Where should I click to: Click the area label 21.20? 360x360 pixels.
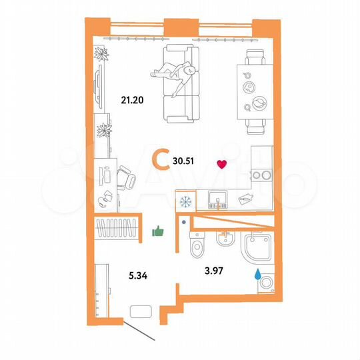pyautogui.click(x=133, y=101)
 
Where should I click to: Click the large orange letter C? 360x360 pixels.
pyautogui.click(x=160, y=160)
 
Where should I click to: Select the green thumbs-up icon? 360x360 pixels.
pyautogui.click(x=158, y=231)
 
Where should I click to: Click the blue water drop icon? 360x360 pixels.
pyautogui.click(x=257, y=272)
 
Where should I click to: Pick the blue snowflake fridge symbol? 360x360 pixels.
pyautogui.click(x=186, y=200)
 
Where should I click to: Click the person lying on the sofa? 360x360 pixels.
pyautogui.click(x=177, y=73)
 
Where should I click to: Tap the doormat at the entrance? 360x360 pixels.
pyautogui.click(x=141, y=311)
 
